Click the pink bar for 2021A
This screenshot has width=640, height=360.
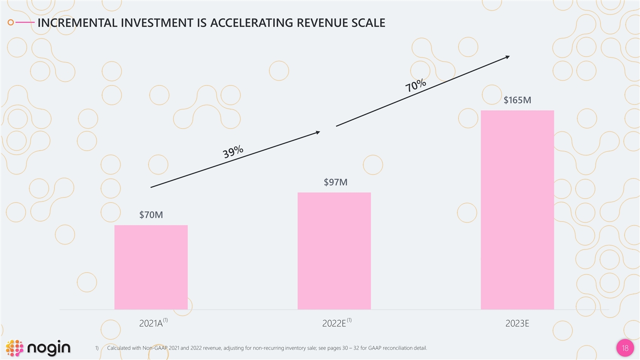[151, 267]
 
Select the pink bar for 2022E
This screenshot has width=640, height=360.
[334, 251]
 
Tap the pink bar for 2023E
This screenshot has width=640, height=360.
[517, 210]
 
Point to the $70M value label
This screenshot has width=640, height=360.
[151, 215]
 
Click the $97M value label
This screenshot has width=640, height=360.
[335, 182]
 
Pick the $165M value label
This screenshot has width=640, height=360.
[517, 100]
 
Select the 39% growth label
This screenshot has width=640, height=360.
[233, 151]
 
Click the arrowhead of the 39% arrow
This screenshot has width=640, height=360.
[317, 132]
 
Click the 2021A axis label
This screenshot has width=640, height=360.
[151, 323]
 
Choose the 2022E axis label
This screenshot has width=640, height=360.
[334, 323]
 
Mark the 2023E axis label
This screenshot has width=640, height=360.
[517, 323]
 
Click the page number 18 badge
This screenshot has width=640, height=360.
[624, 348]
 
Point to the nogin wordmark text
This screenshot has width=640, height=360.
[49, 348]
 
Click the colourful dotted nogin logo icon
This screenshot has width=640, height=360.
[14, 348]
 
